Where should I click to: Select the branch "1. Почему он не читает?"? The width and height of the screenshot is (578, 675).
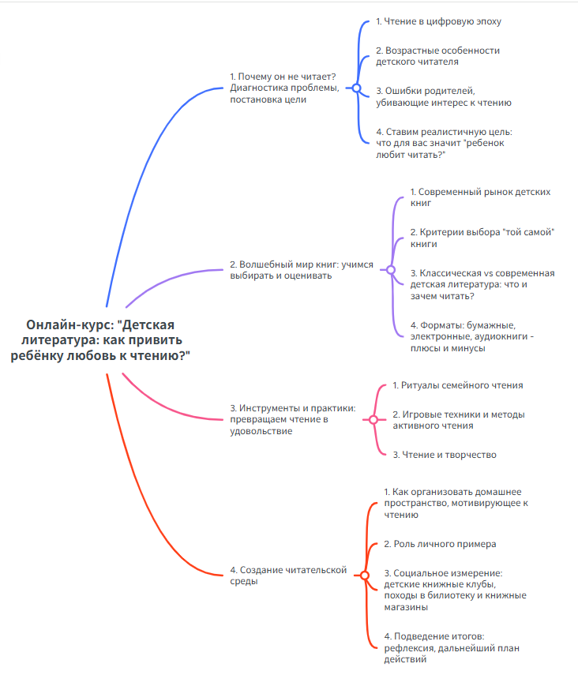click(284, 88)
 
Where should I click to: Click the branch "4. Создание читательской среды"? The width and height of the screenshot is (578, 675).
click(288, 575)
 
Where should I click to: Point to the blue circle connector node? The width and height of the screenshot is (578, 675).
click(356, 88)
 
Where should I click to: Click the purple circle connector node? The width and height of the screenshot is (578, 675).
click(390, 270)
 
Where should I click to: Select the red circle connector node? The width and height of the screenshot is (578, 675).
click(364, 575)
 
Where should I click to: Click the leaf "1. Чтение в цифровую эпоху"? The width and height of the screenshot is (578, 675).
click(438, 21)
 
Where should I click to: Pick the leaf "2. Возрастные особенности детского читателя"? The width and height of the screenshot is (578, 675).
click(437, 55)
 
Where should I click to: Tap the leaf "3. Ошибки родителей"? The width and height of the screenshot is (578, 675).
click(444, 96)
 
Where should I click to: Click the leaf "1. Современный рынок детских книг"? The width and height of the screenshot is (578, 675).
click(480, 197)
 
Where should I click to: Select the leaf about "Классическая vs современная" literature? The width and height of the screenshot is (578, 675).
click(482, 284)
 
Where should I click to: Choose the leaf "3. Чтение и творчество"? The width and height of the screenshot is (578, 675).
click(445, 455)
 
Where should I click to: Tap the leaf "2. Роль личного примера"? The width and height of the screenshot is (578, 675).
click(440, 544)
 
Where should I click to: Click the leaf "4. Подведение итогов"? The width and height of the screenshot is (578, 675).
click(451, 648)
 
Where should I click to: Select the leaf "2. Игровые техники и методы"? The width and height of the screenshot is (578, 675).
click(459, 419)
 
